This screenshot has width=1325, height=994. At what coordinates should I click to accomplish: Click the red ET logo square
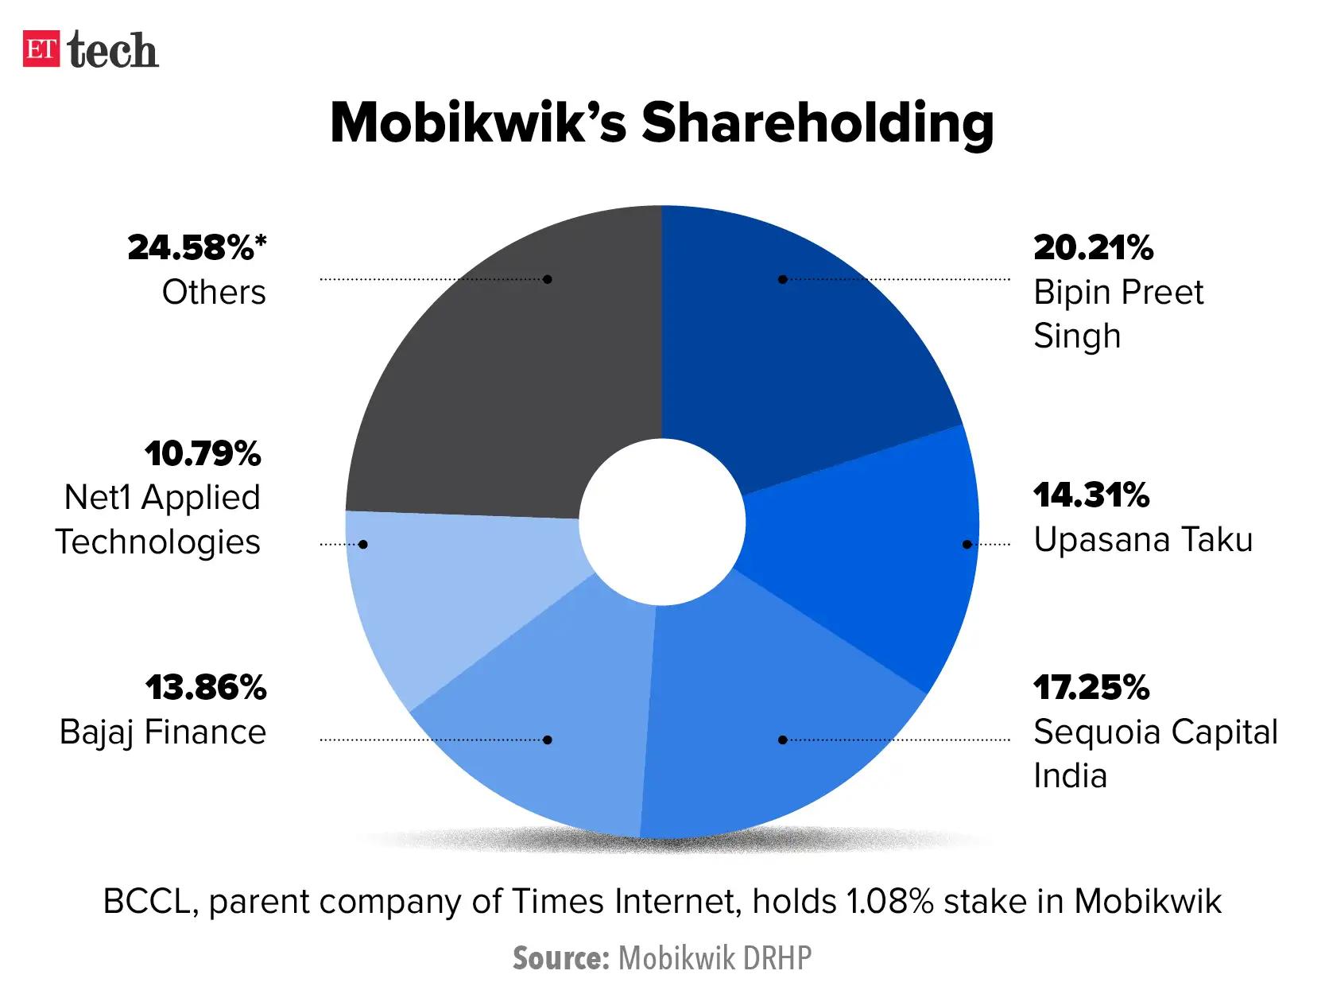tap(41, 49)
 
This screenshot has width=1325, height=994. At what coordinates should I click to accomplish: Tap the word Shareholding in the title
tap(817, 123)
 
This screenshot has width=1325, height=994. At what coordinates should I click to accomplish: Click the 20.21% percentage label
tap(1093, 247)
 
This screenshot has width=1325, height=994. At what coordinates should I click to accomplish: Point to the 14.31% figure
tap(1091, 495)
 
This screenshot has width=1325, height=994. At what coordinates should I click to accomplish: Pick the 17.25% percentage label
tap(1091, 688)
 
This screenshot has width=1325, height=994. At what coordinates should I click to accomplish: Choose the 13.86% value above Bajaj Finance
tap(206, 688)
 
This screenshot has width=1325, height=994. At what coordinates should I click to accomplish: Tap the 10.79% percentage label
tap(203, 454)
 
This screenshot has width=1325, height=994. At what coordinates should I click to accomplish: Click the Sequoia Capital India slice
tap(763, 716)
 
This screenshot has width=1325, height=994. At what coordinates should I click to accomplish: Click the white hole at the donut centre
tap(662, 522)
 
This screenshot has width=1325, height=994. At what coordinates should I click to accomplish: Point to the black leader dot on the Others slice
tap(548, 279)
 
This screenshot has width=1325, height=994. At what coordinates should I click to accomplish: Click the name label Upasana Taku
tap(1143, 540)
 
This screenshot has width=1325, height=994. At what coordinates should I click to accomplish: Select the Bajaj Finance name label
tap(163, 732)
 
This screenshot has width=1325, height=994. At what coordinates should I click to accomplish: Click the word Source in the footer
tap(560, 958)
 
